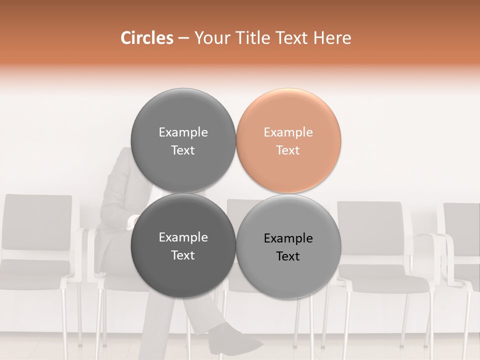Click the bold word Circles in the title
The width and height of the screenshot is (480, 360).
(x=146, y=38)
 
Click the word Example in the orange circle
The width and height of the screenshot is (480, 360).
(x=288, y=132)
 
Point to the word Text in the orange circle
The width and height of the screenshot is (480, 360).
(x=288, y=150)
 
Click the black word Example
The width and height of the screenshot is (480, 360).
(x=288, y=238)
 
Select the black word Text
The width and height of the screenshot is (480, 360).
(x=288, y=256)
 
